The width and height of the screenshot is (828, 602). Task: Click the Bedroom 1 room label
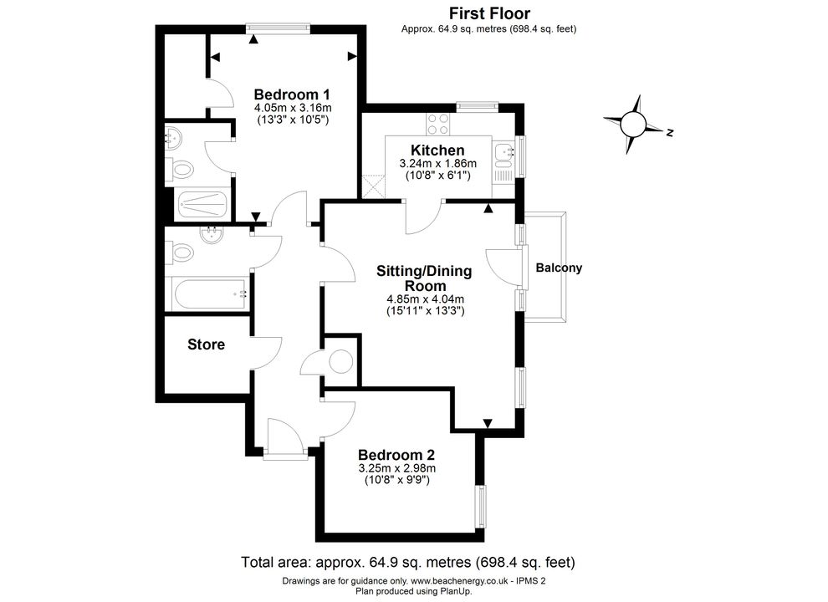click(x=292, y=94)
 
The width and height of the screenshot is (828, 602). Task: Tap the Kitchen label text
click(x=437, y=150)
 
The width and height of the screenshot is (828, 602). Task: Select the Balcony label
click(x=559, y=268)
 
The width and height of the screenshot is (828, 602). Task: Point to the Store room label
click(x=206, y=344)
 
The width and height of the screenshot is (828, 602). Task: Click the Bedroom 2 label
click(x=396, y=455)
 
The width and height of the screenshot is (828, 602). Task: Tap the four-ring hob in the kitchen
click(x=438, y=125)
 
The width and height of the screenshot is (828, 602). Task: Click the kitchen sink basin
click(x=503, y=152)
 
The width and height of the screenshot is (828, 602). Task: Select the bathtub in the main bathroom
click(x=210, y=294)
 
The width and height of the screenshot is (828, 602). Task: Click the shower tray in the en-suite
click(x=203, y=204)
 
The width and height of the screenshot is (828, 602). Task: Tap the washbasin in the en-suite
click(x=173, y=138)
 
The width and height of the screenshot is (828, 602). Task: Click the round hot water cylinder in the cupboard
click(x=340, y=362)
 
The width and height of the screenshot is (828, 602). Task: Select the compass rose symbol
click(x=633, y=125)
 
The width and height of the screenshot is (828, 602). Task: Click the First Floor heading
click(x=489, y=13)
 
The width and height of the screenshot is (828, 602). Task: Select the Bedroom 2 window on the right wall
click(x=481, y=507)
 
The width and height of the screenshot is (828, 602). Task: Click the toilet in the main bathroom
click(x=180, y=253)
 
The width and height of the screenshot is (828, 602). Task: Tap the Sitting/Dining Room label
click(x=425, y=278)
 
